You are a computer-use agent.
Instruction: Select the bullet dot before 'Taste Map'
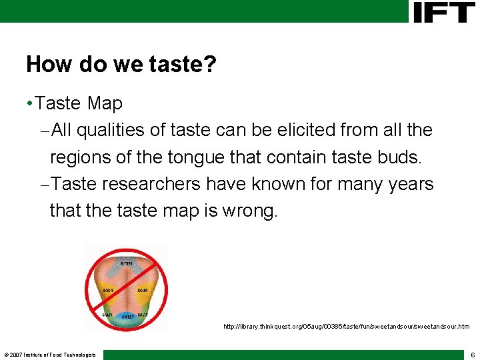point(29,104)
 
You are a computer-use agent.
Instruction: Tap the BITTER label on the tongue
point(126,264)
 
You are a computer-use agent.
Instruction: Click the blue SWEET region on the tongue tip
point(127,316)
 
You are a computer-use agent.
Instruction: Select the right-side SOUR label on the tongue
point(143,291)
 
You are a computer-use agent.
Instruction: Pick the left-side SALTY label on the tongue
point(107,314)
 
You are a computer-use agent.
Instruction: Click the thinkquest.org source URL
point(346,327)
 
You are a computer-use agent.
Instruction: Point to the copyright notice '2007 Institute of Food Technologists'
point(50,355)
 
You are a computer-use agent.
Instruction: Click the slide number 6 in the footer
point(472,355)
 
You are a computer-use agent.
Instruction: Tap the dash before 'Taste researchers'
point(44,185)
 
